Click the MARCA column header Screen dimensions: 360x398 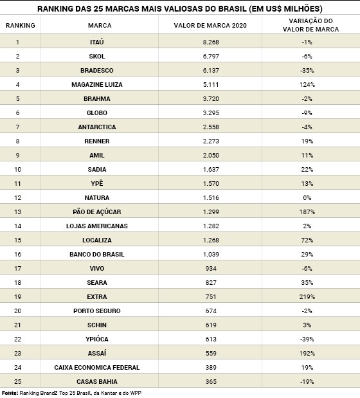[x=100, y=25]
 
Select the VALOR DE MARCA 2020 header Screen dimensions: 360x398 [x=210, y=25]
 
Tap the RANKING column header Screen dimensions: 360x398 [x=21, y=25]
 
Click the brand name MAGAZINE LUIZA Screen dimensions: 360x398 [x=97, y=84]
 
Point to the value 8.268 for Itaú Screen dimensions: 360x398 [x=211, y=42]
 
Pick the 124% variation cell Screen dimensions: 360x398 [x=307, y=84]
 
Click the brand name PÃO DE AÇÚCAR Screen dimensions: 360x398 [x=97, y=212]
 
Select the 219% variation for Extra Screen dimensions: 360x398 [x=307, y=296]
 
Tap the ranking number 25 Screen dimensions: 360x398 [x=17, y=381]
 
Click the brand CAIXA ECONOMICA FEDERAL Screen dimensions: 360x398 [x=97, y=367]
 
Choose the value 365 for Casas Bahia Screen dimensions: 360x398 [x=211, y=381]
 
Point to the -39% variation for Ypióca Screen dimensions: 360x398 [x=307, y=339]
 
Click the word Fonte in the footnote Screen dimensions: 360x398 [x=10, y=393]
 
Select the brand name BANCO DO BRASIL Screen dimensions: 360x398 [x=97, y=255]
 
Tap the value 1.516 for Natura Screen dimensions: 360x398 [x=211, y=198]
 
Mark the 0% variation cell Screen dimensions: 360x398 [x=307, y=198]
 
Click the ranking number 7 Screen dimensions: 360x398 [x=17, y=127]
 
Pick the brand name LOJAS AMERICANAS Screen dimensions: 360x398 [x=97, y=226]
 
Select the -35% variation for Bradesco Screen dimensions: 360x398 [x=307, y=70]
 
